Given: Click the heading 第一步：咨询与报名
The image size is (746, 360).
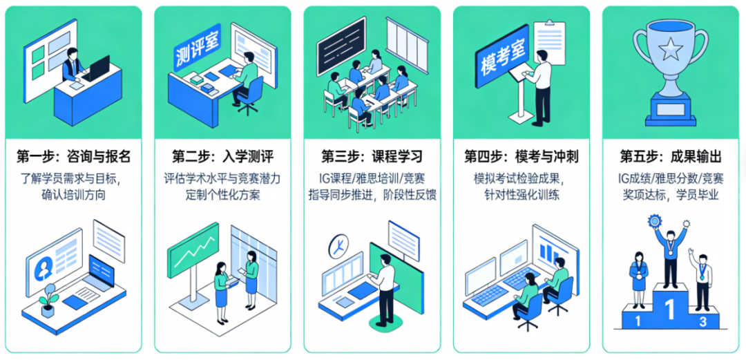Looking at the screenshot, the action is tap(73, 156).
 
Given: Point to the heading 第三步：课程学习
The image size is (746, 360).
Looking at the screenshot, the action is tap(372, 156).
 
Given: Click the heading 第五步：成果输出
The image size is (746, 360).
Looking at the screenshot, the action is tap(671, 156).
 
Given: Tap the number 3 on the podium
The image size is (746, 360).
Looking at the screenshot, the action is tap(702, 321).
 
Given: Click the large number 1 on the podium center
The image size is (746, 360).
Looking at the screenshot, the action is tap(670, 309).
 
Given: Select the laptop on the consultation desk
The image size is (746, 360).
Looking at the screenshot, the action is tap(97, 68).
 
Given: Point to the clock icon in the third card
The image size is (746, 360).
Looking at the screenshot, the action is tap(338, 245).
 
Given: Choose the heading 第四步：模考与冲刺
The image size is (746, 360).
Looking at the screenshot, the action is tap(521, 156).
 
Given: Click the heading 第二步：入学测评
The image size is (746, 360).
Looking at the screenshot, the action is tap(222, 156).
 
